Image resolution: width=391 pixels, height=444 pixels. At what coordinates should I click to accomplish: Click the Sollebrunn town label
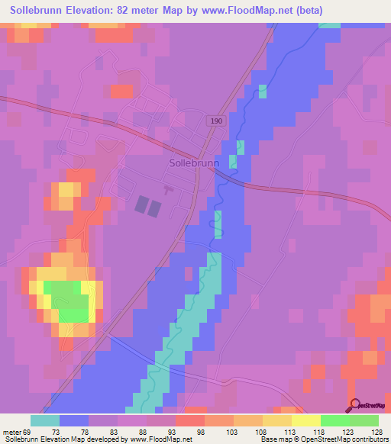point(194,162)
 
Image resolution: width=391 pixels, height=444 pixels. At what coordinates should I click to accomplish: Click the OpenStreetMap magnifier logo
point(354,404)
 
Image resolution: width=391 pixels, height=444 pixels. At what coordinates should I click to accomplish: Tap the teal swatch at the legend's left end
point(45,421)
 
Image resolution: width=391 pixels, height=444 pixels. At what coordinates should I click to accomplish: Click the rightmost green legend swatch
point(364,421)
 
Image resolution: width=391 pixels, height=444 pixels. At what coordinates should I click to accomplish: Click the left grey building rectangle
point(142,204)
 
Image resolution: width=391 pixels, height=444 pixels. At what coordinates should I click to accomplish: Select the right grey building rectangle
point(156,208)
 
